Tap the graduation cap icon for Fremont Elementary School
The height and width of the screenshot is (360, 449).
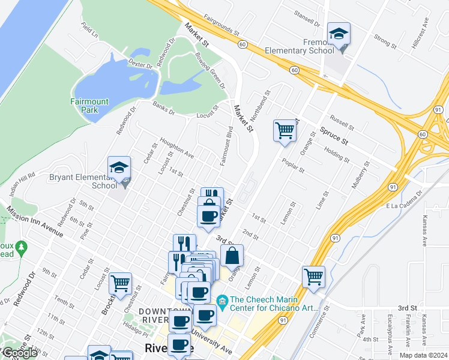339,34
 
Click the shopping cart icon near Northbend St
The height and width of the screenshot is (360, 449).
285,130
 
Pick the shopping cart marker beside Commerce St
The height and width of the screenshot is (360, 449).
313,276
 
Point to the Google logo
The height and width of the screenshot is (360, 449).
19,353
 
